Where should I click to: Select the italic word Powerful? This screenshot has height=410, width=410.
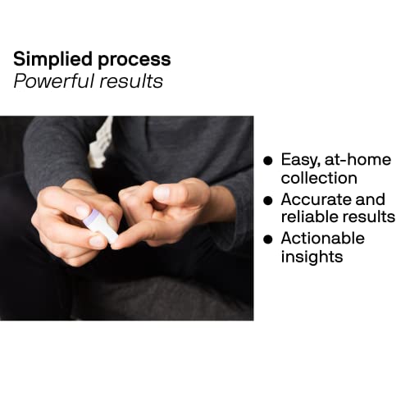click(49, 82)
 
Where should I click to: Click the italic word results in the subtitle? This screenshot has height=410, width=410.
click(134, 82)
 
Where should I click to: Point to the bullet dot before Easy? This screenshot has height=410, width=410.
click(267, 161)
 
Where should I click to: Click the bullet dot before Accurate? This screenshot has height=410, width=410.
click(267, 200)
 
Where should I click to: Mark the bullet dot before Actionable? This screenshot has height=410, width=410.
click(267, 239)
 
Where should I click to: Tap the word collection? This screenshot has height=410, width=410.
click(318, 179)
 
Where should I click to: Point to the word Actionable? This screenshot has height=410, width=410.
click(321, 239)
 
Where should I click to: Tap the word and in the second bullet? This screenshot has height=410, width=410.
click(371, 199)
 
